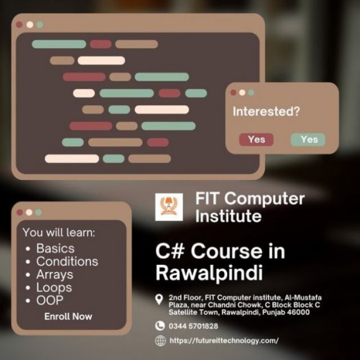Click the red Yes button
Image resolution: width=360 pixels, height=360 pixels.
point(256,139)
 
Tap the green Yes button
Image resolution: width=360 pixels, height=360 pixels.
point(308,139)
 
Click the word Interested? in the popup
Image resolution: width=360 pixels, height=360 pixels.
point(266,111)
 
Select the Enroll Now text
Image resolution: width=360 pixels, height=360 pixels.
point(68,316)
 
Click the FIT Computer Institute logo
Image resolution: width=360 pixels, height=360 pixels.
point(169,207)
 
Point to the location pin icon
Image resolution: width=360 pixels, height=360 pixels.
point(159,299)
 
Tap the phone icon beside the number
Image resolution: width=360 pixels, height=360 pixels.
point(160,326)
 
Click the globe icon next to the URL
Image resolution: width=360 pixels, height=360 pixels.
point(160,340)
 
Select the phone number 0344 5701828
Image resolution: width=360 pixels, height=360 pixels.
point(193,326)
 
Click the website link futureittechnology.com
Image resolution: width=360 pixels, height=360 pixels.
point(224,340)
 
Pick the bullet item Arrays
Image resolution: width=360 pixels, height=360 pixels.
point(55,275)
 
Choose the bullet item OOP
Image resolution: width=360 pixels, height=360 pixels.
point(49,300)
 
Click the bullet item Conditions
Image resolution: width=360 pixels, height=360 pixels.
point(67,262)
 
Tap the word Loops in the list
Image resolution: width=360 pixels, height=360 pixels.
point(54,287)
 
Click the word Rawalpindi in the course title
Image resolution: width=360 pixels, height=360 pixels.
point(209,273)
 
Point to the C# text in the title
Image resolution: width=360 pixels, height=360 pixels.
point(170,251)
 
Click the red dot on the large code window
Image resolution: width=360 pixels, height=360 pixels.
point(19,24)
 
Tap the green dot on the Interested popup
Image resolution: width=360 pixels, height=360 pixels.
point(251,92)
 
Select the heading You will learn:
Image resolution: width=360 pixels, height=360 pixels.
point(58,232)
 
